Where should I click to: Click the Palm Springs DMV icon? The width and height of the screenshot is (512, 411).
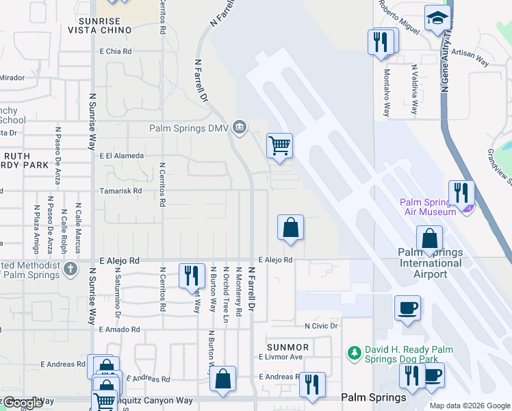[240, 127]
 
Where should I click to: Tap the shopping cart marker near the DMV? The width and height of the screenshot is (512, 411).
[279, 146]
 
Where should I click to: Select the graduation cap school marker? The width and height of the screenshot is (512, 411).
[437, 18]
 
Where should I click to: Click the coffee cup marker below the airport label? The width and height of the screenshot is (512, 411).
[407, 308]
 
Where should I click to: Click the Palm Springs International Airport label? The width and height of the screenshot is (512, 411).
[430, 263]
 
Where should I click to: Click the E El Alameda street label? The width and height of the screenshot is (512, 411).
[122, 155]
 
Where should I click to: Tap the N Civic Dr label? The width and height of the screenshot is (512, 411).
[322, 326]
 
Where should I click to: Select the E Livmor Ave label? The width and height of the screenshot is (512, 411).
[281, 357]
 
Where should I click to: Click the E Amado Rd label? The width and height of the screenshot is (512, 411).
[119, 329]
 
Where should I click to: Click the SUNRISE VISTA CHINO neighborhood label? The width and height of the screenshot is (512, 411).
[100, 26]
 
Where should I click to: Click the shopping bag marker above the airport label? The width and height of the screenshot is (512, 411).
[429, 239]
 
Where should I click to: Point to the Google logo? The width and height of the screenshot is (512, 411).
[23, 403]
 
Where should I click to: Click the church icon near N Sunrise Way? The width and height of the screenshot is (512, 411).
[71, 269]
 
